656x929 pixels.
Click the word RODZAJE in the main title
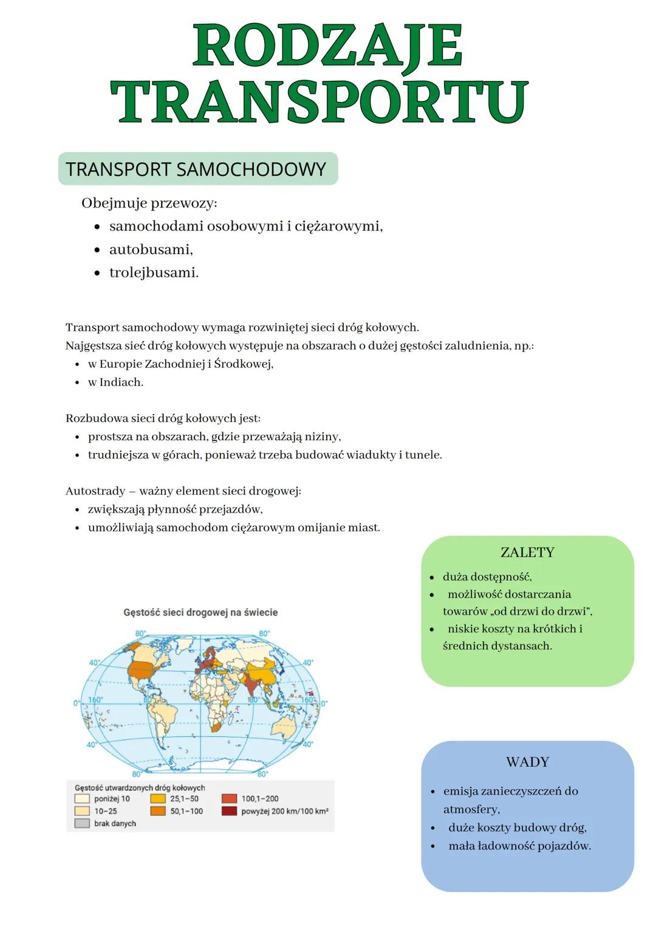pyautogui.click(x=327, y=47)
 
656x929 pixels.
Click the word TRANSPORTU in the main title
pyautogui.click(x=319, y=102)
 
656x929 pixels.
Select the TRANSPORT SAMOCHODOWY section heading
pyautogui.click(x=196, y=169)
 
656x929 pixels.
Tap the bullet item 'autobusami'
pyautogui.click(x=151, y=249)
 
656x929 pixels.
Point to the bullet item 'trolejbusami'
pyautogui.click(x=154, y=272)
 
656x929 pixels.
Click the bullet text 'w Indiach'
pyautogui.click(x=115, y=382)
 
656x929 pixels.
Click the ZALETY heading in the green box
pyautogui.click(x=527, y=552)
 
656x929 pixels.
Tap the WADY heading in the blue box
pyautogui.click(x=527, y=762)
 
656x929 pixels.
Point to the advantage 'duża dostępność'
pyautogui.click(x=487, y=576)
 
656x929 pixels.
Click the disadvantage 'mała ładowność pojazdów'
pyautogui.click(x=519, y=845)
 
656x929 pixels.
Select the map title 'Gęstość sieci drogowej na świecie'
pyautogui.click(x=200, y=612)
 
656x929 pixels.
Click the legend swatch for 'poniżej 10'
pyautogui.click(x=82, y=799)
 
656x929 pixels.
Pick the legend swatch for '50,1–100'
pyautogui.click(x=158, y=811)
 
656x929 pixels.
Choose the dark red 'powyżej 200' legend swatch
pyautogui.click(x=229, y=811)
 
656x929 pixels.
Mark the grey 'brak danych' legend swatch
pyautogui.click(x=82, y=823)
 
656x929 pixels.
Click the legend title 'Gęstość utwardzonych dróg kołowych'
pyautogui.click(x=140, y=787)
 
